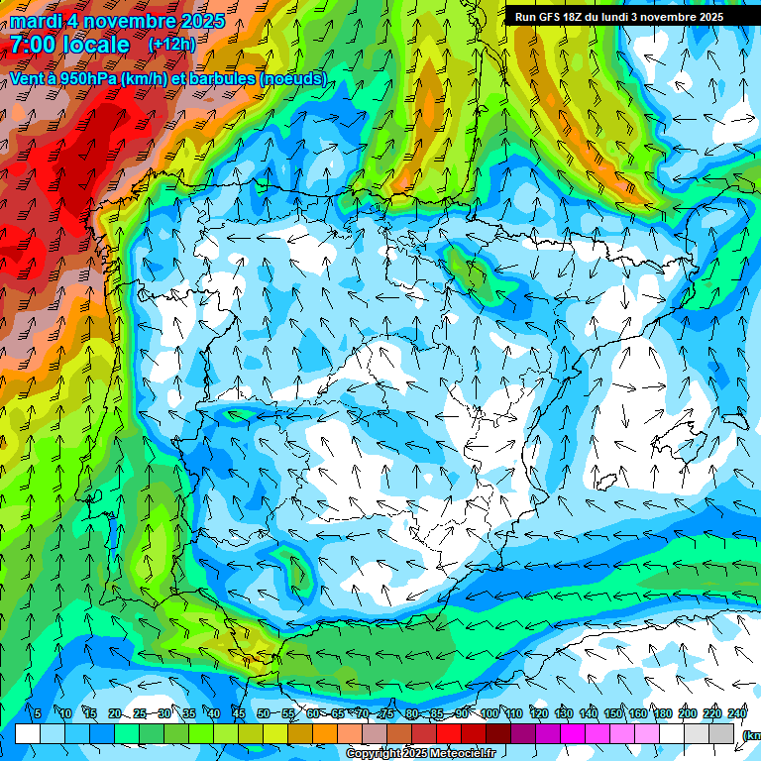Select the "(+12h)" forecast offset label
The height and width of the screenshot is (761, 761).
tap(171, 45)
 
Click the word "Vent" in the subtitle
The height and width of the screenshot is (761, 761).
tap(27, 78)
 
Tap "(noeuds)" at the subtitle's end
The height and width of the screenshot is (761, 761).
tap(292, 78)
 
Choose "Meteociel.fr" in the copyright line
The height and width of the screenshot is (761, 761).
tap(461, 754)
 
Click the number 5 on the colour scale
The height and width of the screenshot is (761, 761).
tap(38, 713)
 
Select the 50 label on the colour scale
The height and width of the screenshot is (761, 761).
tap(264, 713)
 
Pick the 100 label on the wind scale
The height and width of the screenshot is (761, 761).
tap(489, 713)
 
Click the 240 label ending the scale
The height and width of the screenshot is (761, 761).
tap(737, 713)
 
